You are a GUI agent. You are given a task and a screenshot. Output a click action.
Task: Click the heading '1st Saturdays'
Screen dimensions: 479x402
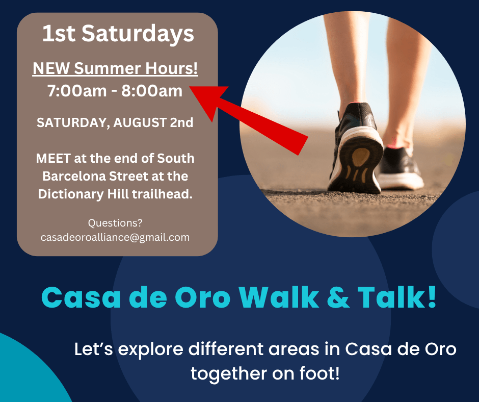(118, 34)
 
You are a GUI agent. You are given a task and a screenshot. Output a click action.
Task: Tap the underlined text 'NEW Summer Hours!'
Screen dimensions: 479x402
(115, 68)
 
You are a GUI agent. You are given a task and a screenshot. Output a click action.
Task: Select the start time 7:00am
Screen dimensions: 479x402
(76, 91)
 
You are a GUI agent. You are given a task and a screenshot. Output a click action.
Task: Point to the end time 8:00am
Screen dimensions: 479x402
(152, 91)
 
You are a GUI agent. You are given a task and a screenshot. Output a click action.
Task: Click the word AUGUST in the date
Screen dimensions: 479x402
(140, 122)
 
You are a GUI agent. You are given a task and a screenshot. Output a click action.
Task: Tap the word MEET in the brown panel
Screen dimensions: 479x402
(54, 159)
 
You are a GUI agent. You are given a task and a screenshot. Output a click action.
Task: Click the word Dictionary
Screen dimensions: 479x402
(71, 194)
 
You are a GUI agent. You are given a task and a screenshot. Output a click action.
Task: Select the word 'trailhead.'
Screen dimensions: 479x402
(162, 194)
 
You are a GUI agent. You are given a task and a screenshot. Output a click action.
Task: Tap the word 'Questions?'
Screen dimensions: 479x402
(115, 223)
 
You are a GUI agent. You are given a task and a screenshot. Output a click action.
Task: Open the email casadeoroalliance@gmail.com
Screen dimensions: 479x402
(115, 237)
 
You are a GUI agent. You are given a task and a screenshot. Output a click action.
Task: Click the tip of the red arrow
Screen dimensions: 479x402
(190, 87)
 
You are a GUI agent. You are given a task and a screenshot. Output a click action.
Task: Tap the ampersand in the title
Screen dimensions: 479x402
(338, 297)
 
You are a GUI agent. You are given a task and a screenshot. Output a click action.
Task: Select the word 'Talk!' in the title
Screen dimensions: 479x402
(397, 296)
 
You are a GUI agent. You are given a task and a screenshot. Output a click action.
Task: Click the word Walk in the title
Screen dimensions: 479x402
(279, 296)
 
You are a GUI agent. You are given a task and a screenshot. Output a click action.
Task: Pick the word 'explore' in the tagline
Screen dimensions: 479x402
(151, 349)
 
